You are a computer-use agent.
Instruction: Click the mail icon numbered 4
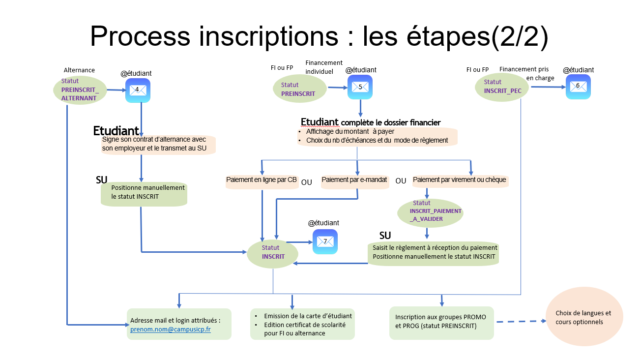(138, 90)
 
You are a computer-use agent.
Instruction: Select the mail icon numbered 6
(578, 87)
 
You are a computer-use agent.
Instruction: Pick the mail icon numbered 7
(325, 242)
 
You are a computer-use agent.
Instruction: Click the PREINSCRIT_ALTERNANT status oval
(80, 90)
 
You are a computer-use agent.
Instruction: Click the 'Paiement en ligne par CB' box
(262, 180)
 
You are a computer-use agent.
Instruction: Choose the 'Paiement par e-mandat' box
(354, 180)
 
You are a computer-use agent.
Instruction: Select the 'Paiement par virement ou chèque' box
(459, 180)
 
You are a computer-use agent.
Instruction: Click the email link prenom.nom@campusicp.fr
(171, 330)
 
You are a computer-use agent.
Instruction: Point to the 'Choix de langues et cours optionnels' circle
(583, 317)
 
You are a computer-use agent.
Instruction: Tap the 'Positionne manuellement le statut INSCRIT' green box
(144, 192)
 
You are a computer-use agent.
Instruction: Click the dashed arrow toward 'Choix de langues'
(521, 322)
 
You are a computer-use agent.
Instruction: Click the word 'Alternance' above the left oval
(79, 70)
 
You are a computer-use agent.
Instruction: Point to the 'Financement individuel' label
(323, 67)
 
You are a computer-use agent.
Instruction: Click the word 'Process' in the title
(140, 37)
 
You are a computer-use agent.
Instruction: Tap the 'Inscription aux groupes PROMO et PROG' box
(441, 321)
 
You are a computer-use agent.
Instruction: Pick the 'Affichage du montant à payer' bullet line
(350, 132)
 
